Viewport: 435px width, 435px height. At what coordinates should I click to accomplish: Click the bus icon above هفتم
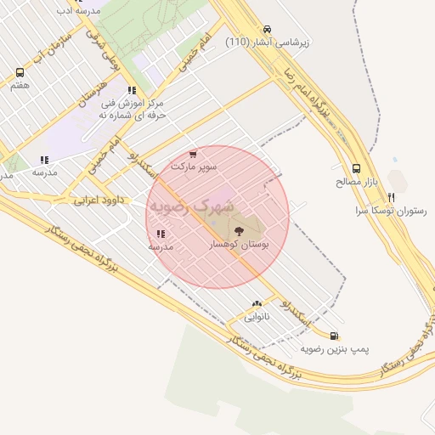pyautogui.click(x=20, y=72)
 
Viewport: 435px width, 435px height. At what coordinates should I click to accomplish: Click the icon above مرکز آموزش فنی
pyautogui.click(x=131, y=89)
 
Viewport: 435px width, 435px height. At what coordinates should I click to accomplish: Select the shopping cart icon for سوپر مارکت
pyautogui.click(x=194, y=154)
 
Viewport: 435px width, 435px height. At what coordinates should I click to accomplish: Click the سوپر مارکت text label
pyautogui.click(x=194, y=167)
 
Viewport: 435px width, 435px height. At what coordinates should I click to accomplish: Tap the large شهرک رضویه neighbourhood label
pyautogui.click(x=190, y=206)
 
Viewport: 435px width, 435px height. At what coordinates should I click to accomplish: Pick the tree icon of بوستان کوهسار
pyautogui.click(x=237, y=229)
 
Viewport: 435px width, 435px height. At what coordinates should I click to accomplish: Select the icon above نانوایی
pyautogui.click(x=257, y=303)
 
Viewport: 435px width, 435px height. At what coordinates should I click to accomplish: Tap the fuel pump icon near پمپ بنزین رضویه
pyautogui.click(x=334, y=336)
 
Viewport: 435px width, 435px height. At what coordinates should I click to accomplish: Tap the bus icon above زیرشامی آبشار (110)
pyautogui.click(x=268, y=28)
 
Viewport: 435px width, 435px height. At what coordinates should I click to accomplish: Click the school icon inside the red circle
pyautogui.click(x=161, y=234)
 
